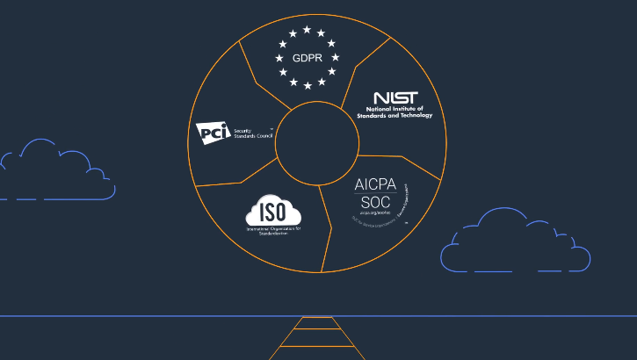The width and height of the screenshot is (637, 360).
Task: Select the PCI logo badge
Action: [213, 132]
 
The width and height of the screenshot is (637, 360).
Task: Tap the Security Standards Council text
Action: [250, 133]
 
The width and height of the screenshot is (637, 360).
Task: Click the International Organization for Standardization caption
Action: [273, 230]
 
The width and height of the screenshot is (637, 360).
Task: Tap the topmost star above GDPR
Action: [307, 30]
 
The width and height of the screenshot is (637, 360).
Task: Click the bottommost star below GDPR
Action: [307, 85]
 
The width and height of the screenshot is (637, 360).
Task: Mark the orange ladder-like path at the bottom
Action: [317, 338]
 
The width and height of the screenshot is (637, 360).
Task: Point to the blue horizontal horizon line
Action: [132, 315]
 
